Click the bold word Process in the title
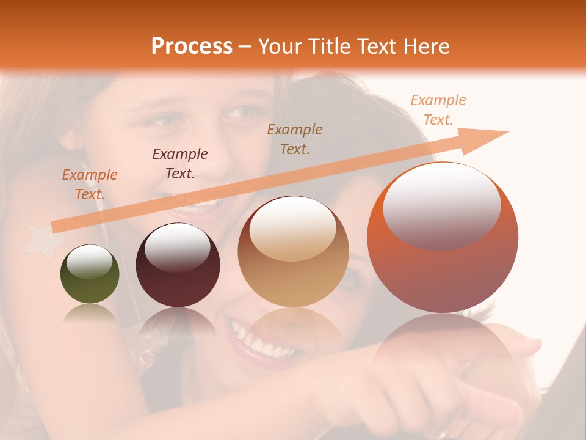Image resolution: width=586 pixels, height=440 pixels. (192, 46)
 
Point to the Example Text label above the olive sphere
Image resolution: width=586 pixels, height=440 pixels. (90, 185)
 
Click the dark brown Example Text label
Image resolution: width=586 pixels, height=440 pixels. (180, 164)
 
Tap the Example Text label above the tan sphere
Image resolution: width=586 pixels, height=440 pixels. (295, 139)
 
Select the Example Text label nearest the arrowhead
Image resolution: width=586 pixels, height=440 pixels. (438, 110)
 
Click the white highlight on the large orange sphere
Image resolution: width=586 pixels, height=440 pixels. (442, 205)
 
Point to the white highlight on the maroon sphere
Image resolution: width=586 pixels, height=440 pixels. (177, 246)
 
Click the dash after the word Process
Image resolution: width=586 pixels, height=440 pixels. (245, 47)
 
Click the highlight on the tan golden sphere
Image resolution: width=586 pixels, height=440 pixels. (293, 228)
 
